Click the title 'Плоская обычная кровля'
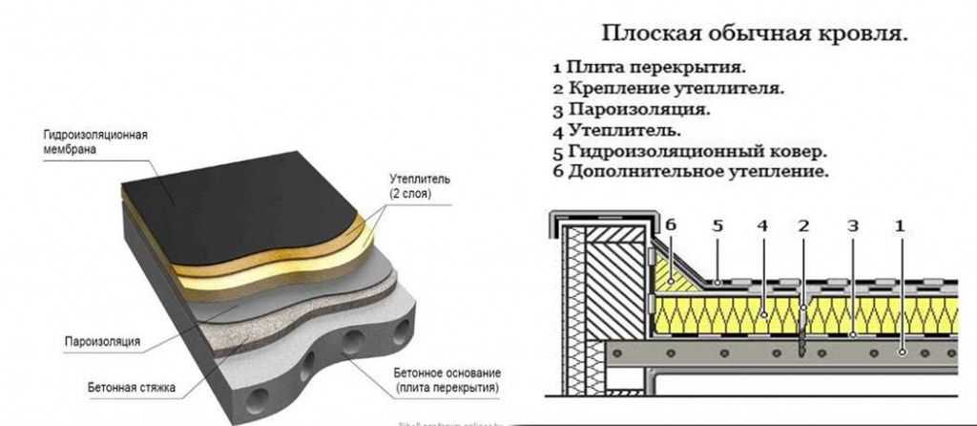(x=753, y=34)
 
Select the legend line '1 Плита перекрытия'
(x=649, y=68)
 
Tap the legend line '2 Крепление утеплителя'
(x=668, y=89)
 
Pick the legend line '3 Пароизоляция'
(x=631, y=110)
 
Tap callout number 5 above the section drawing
(x=717, y=227)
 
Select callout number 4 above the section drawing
(x=762, y=227)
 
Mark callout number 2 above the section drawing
(x=803, y=227)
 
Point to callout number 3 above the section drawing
(x=852, y=227)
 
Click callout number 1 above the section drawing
(x=898, y=227)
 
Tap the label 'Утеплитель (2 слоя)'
(x=412, y=185)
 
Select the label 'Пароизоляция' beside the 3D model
(x=102, y=341)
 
